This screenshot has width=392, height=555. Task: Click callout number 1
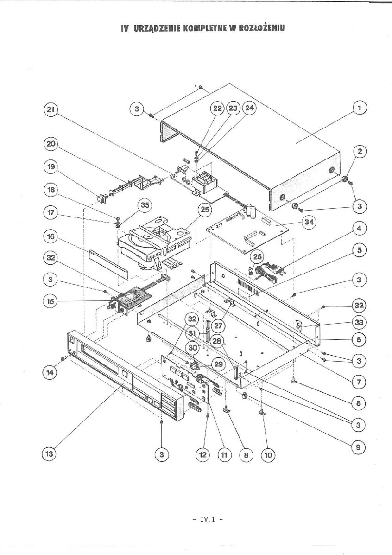(359, 108)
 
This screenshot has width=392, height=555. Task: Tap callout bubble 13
(50, 455)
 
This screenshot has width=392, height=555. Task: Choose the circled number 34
(308, 223)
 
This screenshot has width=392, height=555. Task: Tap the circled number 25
(204, 210)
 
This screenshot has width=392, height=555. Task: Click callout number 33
(359, 322)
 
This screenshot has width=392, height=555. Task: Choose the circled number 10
(268, 455)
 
